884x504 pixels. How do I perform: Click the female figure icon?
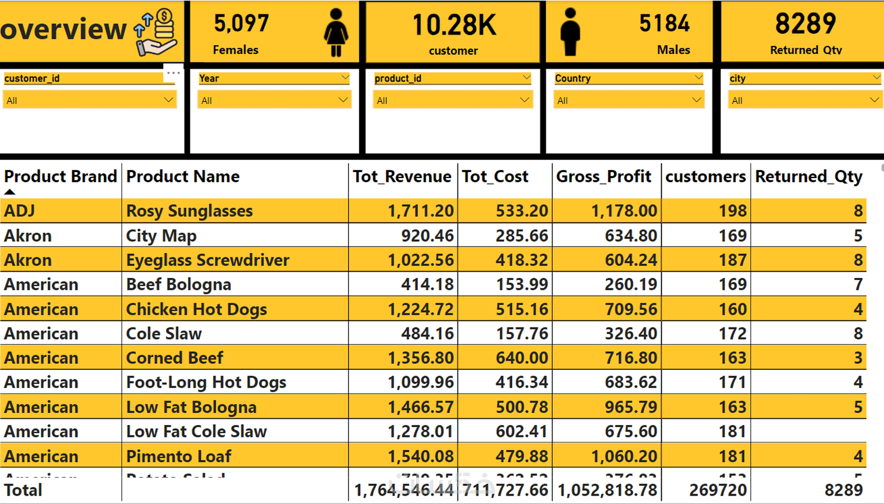[x=336, y=32]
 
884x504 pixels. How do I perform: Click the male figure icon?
[x=570, y=32]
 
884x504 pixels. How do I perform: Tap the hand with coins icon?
[x=156, y=32]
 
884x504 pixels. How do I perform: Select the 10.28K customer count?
[x=454, y=25]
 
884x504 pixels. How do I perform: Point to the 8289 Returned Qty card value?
[x=805, y=23]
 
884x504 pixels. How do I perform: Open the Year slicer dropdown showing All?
[x=274, y=100]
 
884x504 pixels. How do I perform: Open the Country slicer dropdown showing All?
[x=629, y=100]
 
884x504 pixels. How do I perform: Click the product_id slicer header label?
[x=398, y=78]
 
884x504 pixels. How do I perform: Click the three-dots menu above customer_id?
[x=173, y=73]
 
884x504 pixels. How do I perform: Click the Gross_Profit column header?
[x=603, y=177]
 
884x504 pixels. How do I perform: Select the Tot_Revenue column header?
[x=402, y=177]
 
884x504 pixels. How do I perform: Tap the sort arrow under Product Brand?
[x=9, y=192]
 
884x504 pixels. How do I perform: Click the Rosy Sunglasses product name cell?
[x=189, y=211]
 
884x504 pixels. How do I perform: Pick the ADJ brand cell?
[x=20, y=211]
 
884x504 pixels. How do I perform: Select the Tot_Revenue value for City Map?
[x=427, y=236]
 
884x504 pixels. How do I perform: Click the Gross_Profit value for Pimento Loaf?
[x=623, y=456]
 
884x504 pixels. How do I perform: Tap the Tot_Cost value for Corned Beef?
[x=522, y=358]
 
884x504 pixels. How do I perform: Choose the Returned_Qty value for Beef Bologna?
[x=857, y=285]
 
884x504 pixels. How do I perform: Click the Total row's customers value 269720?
[x=718, y=490]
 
